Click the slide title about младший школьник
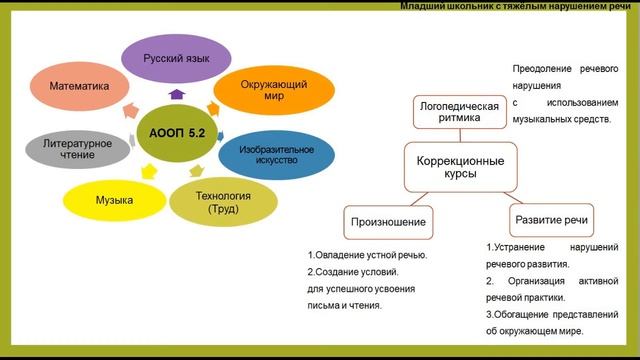coord(515,6)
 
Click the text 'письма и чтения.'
coord(345,305)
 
